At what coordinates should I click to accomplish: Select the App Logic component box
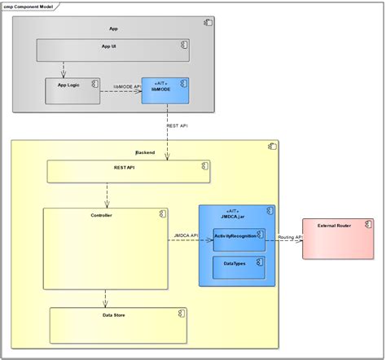click(x=72, y=90)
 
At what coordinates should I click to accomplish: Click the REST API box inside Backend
click(x=128, y=171)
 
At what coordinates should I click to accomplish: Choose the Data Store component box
click(x=118, y=325)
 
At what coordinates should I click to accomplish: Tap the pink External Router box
click(x=337, y=239)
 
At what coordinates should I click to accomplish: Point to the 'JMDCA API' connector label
click(x=186, y=235)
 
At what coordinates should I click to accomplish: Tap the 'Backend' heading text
click(x=144, y=152)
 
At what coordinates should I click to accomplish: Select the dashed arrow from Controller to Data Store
click(x=105, y=298)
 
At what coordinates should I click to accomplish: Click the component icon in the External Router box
click(x=367, y=224)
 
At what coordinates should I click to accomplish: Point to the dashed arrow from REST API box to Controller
click(x=105, y=195)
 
